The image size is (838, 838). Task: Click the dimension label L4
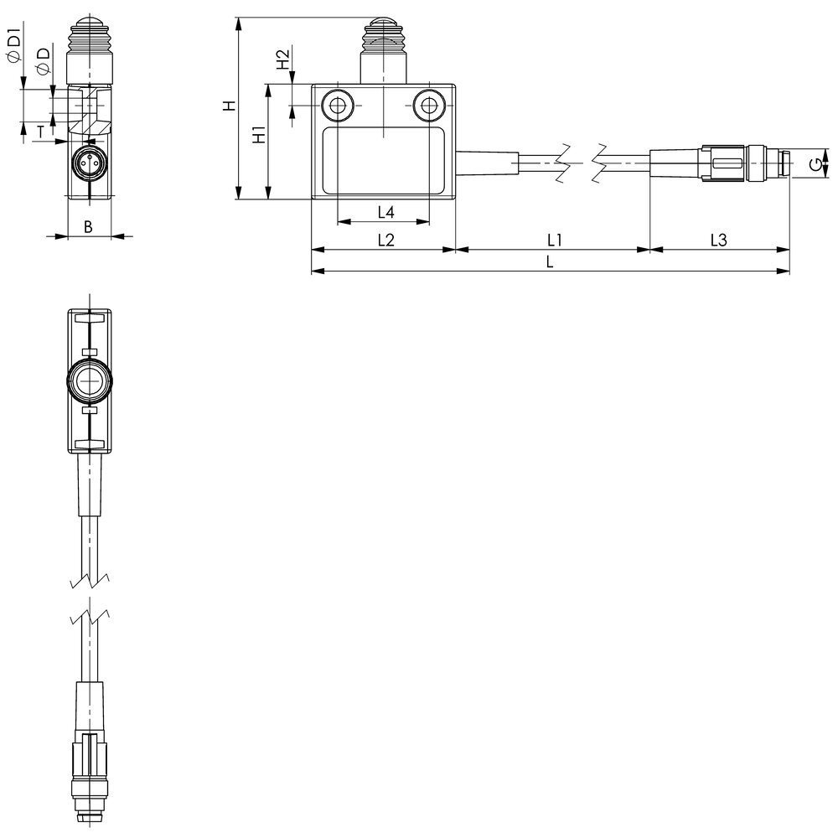[385, 211]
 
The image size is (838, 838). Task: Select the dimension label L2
[385, 240]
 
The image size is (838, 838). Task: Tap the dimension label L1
[553, 240]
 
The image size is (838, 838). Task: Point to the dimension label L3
[718, 240]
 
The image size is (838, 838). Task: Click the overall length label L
[550, 261]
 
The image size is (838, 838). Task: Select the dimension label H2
[283, 60]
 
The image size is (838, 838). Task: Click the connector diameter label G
[815, 163]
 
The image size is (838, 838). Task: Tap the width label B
[88, 226]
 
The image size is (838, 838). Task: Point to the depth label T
[39, 130]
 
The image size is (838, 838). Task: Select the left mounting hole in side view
[339, 106]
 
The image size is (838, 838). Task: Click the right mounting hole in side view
[428, 106]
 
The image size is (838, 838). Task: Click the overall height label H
[227, 107]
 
